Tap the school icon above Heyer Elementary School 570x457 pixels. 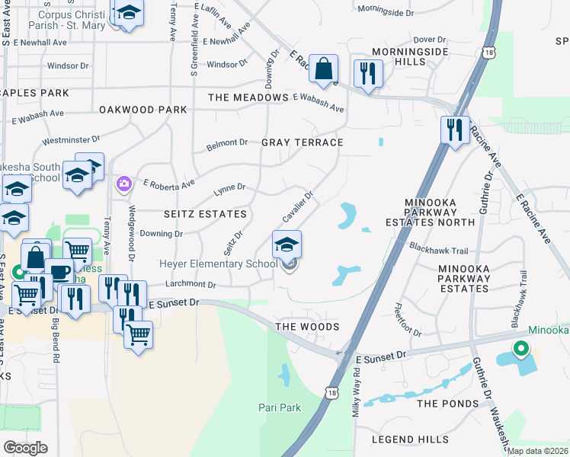tap(287, 244)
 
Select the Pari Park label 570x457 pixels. tap(279, 407)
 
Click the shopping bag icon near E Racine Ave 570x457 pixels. tap(324, 69)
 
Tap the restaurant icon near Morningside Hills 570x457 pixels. tap(368, 74)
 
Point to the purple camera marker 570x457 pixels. tap(123, 184)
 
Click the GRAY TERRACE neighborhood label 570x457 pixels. tap(302, 142)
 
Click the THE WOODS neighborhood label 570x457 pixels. tap(306, 327)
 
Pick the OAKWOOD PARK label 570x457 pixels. tap(142, 110)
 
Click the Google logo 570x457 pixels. tap(25, 448)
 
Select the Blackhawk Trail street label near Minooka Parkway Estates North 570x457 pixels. tap(438, 248)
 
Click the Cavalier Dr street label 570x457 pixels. tap(298, 206)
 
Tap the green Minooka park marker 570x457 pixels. tap(521, 349)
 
